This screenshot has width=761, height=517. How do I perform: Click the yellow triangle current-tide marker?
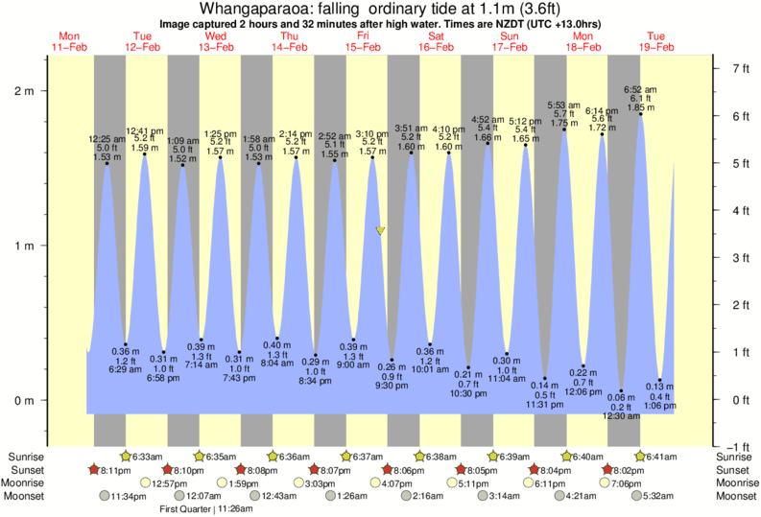click(x=381, y=231)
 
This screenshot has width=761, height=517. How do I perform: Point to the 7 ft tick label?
click(x=739, y=69)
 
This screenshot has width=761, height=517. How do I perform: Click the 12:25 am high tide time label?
click(x=107, y=139)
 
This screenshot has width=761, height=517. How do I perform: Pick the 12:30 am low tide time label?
click(x=621, y=416)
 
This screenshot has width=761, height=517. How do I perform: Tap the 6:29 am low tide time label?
click(x=126, y=369)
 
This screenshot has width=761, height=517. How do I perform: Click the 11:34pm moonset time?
click(x=129, y=497)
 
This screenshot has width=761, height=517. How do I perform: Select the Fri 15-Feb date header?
click(x=363, y=41)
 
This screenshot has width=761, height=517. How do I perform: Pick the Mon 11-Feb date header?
click(x=69, y=41)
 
